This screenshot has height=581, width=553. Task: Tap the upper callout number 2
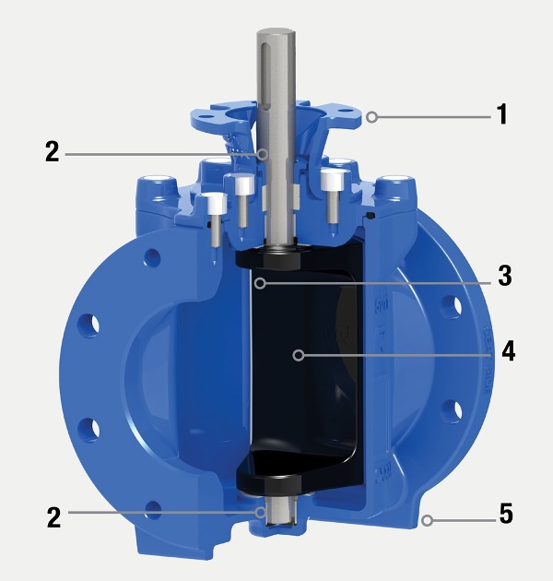click(x=52, y=151)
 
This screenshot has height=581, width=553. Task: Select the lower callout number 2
click(x=53, y=516)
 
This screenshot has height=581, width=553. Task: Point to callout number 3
click(x=503, y=275)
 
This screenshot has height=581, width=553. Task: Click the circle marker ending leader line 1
click(x=371, y=116)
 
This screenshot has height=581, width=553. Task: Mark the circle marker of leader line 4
click(x=298, y=353)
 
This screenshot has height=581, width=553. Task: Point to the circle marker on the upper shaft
click(x=262, y=152)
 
